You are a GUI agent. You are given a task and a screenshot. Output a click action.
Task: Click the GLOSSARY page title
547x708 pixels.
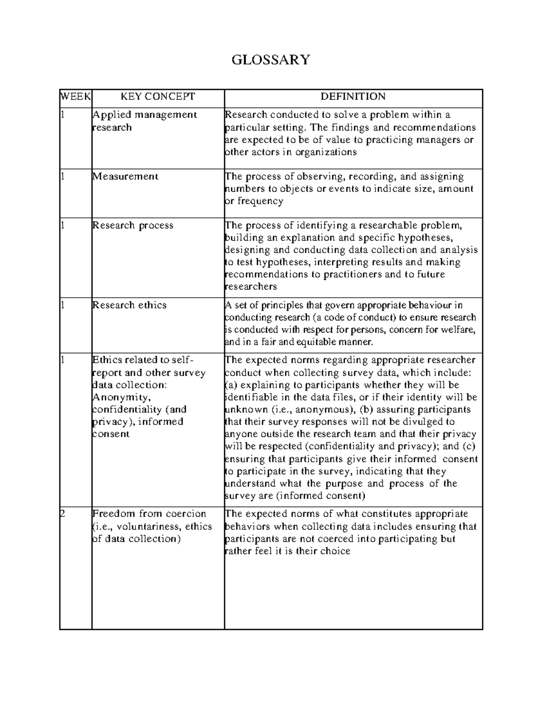tap(271, 60)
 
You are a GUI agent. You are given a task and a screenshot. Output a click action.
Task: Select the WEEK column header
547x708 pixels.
tap(76, 97)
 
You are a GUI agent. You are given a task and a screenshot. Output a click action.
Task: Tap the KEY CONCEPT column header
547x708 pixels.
tap(157, 97)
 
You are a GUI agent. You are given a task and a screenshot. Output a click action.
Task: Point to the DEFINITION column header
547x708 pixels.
tap(353, 97)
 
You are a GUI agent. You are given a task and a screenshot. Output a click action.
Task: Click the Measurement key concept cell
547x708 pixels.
tap(125, 176)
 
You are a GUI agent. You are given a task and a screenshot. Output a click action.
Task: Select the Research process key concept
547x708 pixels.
tap(133, 225)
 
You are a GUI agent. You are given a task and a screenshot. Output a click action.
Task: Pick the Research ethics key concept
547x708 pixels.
tap(129, 305)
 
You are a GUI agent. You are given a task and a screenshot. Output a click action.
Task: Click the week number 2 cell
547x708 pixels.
tap(63, 514)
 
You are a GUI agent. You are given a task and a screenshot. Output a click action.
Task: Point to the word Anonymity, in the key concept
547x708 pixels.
tap(119, 397)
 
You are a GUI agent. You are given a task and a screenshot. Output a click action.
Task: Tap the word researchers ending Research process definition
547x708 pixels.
tap(251, 287)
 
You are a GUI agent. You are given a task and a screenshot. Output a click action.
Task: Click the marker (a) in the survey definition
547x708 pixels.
tap(232, 385)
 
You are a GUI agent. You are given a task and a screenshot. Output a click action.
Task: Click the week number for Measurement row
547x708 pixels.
tap(63, 176)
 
